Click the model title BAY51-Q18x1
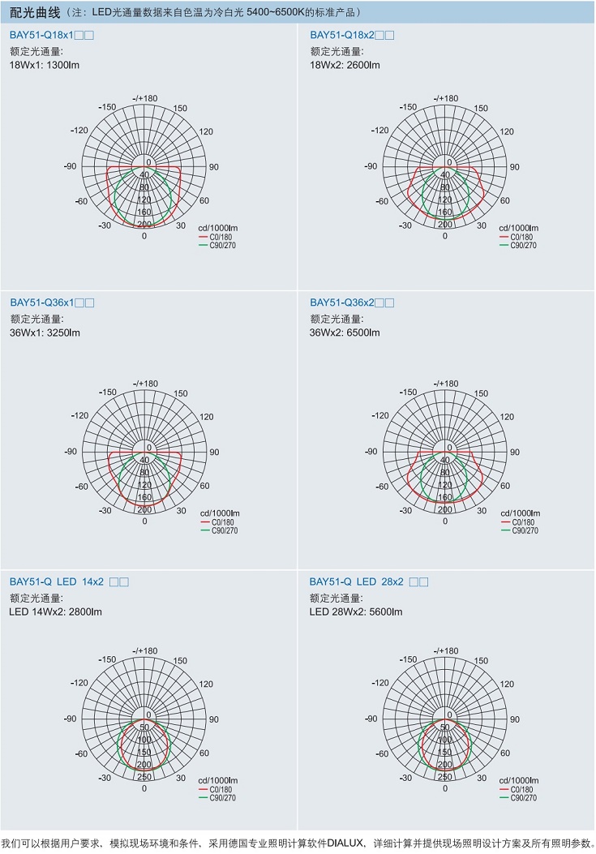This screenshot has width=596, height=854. pyautogui.click(x=42, y=36)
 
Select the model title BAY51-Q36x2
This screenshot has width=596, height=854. pyautogui.click(x=342, y=303)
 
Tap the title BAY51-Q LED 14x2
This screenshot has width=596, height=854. pyautogui.click(x=57, y=581)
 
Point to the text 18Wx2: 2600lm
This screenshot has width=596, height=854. pyautogui.click(x=345, y=65)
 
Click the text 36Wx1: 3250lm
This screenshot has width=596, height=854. pyautogui.click(x=45, y=333)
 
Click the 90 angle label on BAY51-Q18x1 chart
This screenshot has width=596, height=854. pyautogui.click(x=214, y=167)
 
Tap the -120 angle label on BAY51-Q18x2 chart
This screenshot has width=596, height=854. pyautogui.click(x=379, y=131)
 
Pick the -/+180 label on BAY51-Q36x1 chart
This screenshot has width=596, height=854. pyautogui.click(x=146, y=384)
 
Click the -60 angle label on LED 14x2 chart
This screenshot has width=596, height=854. pyautogui.click(x=81, y=754)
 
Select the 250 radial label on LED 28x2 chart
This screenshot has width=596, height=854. pyautogui.click(x=444, y=776)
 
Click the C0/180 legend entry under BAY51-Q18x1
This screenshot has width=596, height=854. pyautogui.click(x=221, y=237)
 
